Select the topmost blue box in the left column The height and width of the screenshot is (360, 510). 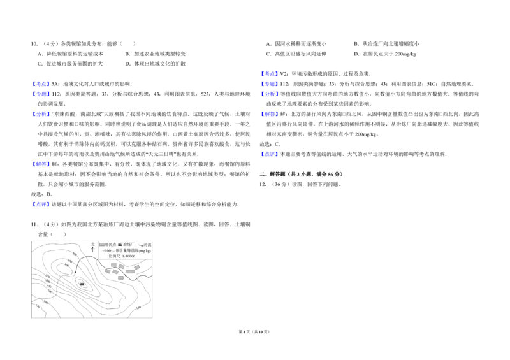click(41, 83)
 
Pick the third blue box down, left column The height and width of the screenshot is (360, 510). click(41, 113)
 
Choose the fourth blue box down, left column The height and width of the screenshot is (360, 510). click(41, 164)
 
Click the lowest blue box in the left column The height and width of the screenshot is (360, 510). click(41, 204)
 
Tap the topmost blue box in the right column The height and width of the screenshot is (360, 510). click(270, 73)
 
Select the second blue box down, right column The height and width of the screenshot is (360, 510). click(270, 83)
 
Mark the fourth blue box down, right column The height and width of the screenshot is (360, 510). click(270, 113)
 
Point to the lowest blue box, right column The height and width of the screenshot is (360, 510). click(270, 154)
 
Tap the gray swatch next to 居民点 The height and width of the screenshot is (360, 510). click(101, 245)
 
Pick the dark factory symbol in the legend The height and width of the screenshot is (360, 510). click(119, 245)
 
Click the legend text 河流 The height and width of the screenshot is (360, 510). click(147, 245)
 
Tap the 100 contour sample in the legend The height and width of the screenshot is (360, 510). click(106, 250)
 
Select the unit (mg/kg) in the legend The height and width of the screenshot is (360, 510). click(145, 250)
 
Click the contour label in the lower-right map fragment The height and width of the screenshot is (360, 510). click(138, 308)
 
